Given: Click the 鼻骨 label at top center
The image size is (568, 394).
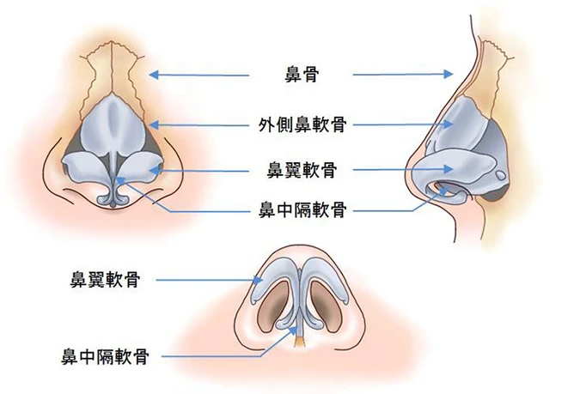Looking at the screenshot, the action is pos(302,75).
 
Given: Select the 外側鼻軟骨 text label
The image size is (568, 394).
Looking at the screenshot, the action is pos(302,124).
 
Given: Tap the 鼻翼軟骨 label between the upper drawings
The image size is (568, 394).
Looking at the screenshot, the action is pos(302,170).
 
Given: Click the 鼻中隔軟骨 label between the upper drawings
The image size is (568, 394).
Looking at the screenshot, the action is pos(302,210).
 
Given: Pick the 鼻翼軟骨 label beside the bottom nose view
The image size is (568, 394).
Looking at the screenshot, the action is pos(105,280).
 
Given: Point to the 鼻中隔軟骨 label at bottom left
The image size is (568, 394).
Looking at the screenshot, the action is pos(105,356).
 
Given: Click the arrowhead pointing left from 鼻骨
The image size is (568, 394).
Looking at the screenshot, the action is pos(154,75).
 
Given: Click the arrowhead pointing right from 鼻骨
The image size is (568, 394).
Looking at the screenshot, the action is pos(449,74).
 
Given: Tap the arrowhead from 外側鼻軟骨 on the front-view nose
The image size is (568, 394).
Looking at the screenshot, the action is pos(154,124).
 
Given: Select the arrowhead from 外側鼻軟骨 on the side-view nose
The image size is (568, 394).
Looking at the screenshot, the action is pos(449,124).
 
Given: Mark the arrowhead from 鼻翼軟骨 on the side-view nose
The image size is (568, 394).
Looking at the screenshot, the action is pos(449,169).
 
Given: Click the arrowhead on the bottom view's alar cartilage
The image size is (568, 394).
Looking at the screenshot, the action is pos(259,280).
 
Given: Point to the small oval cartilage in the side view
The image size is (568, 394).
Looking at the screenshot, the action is pos(500,175).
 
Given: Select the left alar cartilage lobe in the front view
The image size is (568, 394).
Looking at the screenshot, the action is pos(86,167).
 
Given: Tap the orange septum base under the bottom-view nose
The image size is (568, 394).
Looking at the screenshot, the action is pos(300,341).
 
